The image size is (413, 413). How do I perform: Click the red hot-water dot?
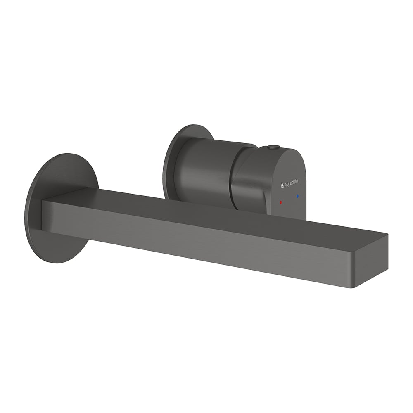281,202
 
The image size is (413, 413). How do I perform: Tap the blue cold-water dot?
298,196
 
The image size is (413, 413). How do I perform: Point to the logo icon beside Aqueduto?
282,186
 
